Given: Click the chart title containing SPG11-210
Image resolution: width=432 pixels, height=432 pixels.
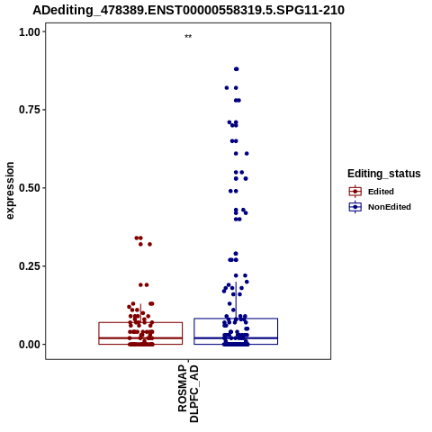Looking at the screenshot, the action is coord(188,11).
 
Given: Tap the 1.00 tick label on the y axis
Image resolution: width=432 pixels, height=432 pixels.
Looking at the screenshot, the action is coord(30,31).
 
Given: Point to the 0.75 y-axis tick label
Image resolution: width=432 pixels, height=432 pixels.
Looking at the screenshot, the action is coord(30,110).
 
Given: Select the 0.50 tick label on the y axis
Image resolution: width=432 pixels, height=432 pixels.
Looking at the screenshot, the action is coord(30,188).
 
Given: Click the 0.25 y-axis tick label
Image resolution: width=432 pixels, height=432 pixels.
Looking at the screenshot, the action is coord(30,266).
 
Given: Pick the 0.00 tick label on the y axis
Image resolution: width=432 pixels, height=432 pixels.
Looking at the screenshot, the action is coord(30,345).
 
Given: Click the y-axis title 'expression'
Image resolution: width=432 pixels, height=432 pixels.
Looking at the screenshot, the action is coord(10,191).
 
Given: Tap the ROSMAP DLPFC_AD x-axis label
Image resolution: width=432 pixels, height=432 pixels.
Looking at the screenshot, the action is coord(188,393).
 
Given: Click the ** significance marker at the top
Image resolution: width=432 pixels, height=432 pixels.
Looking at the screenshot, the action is coord(188,37).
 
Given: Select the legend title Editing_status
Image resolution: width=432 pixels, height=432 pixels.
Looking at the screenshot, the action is coord(384,174).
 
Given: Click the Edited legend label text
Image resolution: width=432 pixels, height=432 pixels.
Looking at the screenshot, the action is coord(381,192).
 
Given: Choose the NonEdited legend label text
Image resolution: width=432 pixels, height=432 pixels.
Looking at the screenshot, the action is coord(390,207).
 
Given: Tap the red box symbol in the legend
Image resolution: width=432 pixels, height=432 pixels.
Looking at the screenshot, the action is coord(355,191).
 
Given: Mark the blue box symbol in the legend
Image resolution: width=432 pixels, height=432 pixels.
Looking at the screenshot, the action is coord(355,207).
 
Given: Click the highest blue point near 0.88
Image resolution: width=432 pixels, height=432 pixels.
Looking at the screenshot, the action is coord(237,69).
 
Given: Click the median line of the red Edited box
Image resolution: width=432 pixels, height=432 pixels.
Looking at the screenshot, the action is coord(140,338).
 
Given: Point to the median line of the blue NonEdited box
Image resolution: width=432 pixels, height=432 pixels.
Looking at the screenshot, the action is coord(236,338).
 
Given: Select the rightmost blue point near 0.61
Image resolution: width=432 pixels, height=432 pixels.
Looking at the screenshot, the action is coord(247,154).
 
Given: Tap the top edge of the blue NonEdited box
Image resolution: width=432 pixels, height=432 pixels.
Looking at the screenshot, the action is coord(236,319).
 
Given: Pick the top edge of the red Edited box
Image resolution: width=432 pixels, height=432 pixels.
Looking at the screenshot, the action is coord(140,322).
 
